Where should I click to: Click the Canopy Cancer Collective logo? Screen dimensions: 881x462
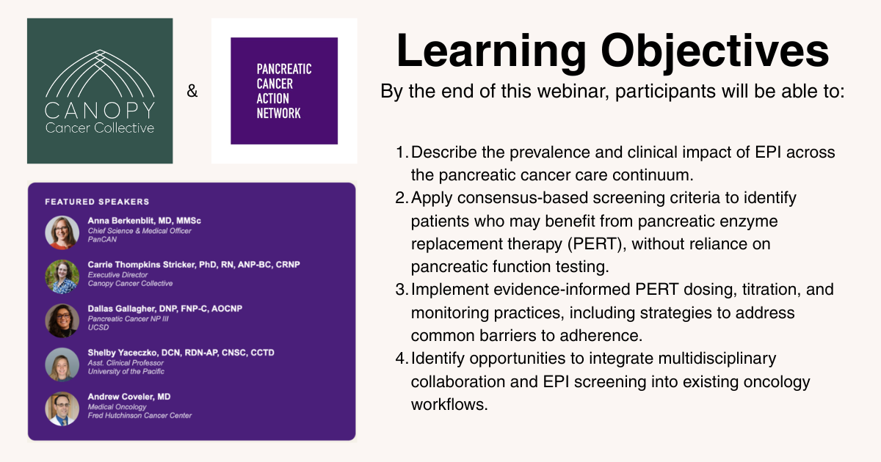click(x=100, y=91)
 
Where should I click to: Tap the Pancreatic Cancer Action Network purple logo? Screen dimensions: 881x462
click(x=284, y=91)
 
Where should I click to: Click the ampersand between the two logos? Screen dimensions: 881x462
click(x=192, y=91)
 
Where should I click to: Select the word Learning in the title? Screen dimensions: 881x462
click(x=492, y=52)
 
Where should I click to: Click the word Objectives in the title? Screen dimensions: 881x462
click(x=715, y=52)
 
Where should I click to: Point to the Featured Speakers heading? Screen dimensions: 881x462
click(x=97, y=202)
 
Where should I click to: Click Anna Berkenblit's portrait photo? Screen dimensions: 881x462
click(x=62, y=232)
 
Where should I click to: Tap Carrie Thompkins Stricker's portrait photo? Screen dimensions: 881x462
click(x=62, y=276)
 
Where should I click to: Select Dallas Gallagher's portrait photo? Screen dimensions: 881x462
click(x=62, y=320)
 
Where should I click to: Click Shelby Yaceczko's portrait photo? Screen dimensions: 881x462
click(x=62, y=364)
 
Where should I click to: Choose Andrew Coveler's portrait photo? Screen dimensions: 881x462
click(x=62, y=408)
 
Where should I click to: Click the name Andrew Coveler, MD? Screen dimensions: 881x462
click(x=129, y=397)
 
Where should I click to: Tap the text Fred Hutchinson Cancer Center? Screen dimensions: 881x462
click(x=139, y=415)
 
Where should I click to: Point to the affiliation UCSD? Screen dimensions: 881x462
click(x=98, y=327)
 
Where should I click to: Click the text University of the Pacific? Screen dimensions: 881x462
click(x=126, y=371)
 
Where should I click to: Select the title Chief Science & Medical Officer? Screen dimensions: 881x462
click(x=139, y=230)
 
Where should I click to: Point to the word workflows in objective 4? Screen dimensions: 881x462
click(x=449, y=405)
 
